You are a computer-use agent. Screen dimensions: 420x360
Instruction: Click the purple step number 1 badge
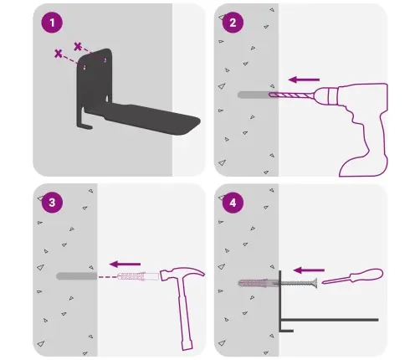(52, 23)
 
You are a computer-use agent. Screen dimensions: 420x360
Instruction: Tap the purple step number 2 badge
(233, 23)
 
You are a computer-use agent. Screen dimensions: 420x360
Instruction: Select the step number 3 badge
(52, 203)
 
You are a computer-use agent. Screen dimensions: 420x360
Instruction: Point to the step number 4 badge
(233, 203)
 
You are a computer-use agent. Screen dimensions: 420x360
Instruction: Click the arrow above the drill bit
(304, 80)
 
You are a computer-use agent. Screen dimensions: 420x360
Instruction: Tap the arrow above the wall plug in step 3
(125, 264)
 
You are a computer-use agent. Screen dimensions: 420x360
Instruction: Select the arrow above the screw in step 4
(309, 270)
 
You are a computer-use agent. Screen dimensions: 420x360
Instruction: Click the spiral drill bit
(291, 95)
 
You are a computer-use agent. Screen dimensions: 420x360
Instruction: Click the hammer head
(182, 274)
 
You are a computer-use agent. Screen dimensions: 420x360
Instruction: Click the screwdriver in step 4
(353, 276)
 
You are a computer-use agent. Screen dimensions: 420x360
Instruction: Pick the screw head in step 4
(315, 283)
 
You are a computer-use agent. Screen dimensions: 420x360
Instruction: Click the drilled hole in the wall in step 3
(77, 276)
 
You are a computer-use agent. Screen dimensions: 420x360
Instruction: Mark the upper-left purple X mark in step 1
(58, 54)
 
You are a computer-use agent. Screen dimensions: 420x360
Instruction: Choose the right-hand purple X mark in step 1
(78, 46)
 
